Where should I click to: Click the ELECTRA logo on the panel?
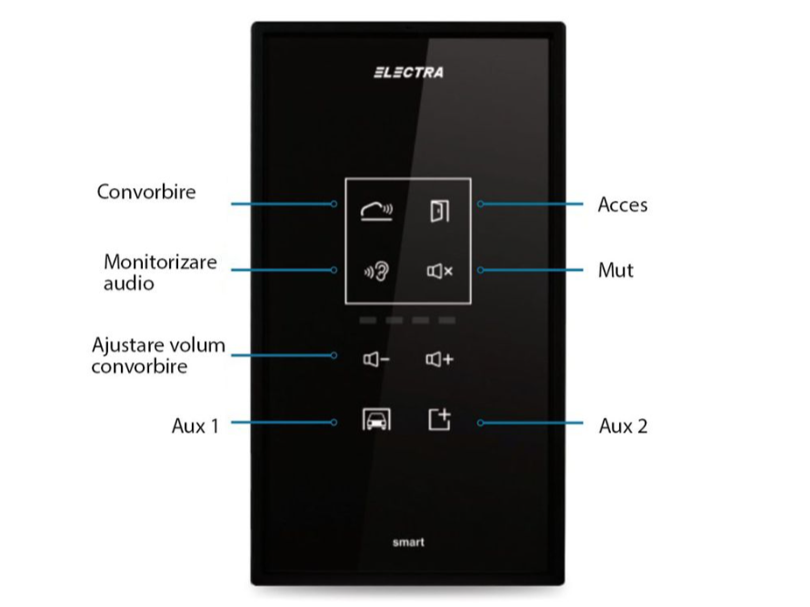click(408, 73)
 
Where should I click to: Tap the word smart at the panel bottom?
click(408, 542)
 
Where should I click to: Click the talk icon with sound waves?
click(376, 211)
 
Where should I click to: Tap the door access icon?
click(440, 211)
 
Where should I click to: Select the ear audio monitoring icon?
click(376, 271)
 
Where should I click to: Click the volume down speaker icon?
click(376, 359)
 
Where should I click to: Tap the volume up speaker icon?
click(439, 359)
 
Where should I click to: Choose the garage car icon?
click(376, 419)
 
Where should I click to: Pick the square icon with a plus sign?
click(440, 420)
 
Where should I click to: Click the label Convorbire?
click(146, 192)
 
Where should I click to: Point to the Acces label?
click(623, 205)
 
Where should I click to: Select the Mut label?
click(615, 271)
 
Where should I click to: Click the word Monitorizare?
click(160, 262)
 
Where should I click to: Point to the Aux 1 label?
click(195, 426)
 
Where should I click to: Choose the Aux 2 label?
click(623, 426)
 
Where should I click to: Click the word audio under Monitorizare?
click(128, 284)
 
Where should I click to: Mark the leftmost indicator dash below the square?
click(368, 321)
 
